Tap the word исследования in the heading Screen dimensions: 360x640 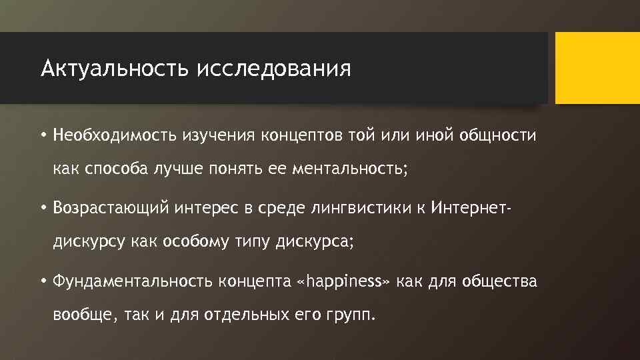pyautogui.click(x=273, y=68)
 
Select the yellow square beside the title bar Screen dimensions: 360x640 pyautogui.click(x=597, y=68)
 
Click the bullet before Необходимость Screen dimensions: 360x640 pyautogui.click(x=42, y=136)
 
